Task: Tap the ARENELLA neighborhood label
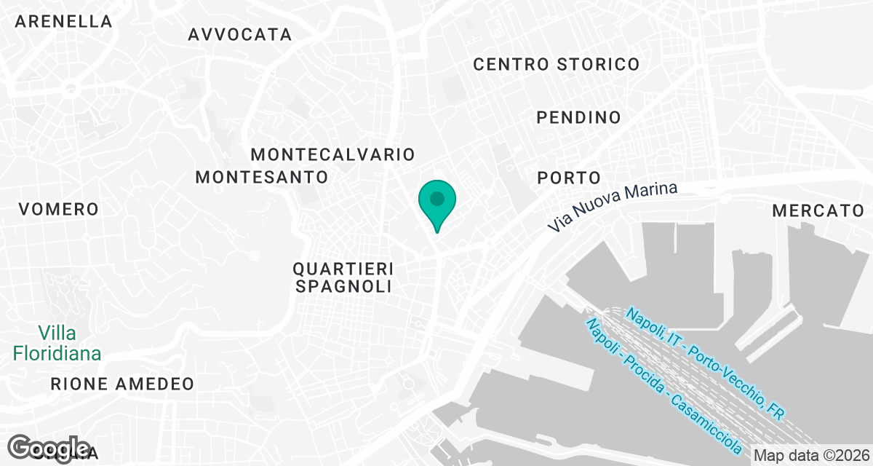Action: tap(64, 22)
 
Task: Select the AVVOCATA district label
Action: tap(239, 34)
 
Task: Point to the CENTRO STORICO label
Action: tap(556, 64)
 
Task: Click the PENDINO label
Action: tap(578, 117)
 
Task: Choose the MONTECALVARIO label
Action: tap(332, 154)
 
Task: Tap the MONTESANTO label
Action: tap(262, 177)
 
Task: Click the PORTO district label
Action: tap(569, 178)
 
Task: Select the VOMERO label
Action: tap(58, 210)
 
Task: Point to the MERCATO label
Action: tap(817, 211)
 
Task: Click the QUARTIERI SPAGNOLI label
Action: tap(344, 277)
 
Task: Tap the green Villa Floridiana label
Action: tap(57, 344)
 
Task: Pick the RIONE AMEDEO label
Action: tap(122, 384)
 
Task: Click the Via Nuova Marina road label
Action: tap(613, 208)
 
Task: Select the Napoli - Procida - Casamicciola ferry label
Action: tap(663, 385)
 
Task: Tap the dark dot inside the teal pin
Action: tap(436, 198)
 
